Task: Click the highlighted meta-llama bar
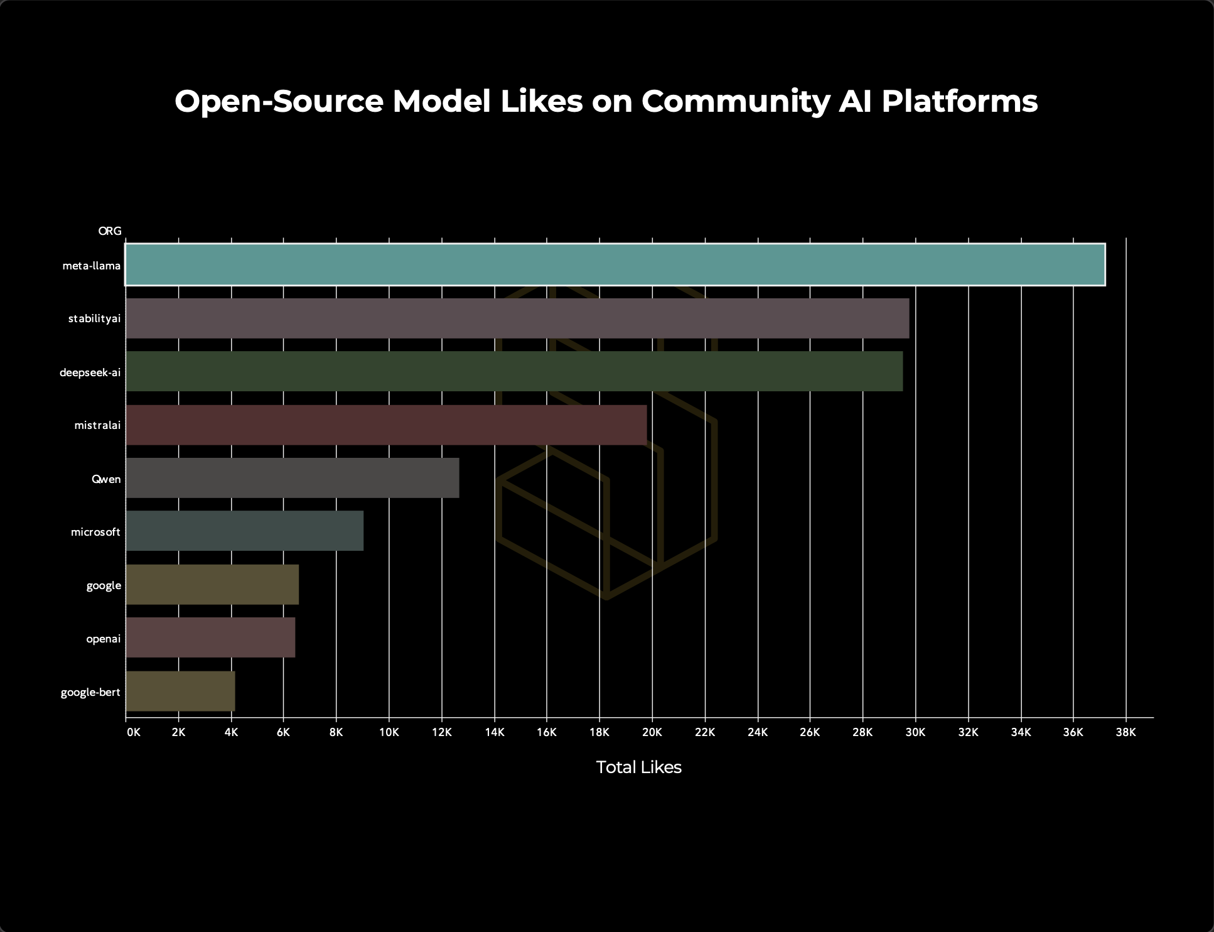tap(615, 264)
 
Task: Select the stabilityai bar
tap(517, 318)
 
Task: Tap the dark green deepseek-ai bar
tap(514, 371)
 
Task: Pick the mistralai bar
tap(386, 425)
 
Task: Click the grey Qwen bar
tap(293, 478)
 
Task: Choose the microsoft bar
tap(245, 531)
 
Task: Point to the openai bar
tap(210, 637)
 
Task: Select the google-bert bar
tap(181, 691)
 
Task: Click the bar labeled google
tap(212, 585)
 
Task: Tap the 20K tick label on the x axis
tap(652, 732)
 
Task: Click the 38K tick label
tap(1125, 732)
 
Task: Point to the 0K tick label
tap(133, 732)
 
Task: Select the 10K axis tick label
tap(389, 732)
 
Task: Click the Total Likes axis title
tap(638, 767)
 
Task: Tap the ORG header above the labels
tap(110, 231)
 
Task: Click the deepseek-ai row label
tap(90, 372)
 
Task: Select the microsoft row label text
tap(95, 532)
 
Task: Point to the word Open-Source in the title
tap(279, 101)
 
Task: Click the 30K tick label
tap(915, 732)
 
